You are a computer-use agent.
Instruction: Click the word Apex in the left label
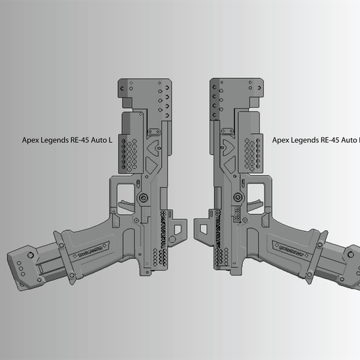31,140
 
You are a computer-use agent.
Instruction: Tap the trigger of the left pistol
126,204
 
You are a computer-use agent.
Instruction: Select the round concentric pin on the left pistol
144,199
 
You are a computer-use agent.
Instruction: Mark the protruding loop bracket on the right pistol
200,226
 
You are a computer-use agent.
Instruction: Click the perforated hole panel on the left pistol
128,153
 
